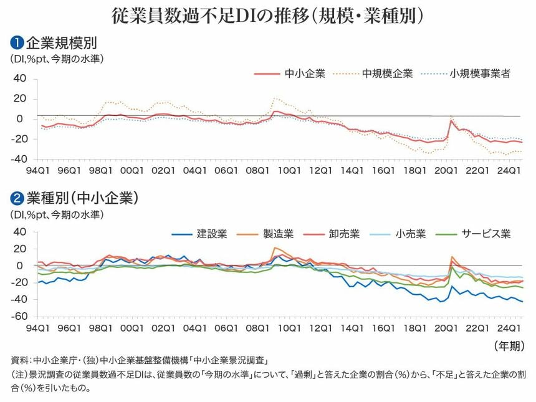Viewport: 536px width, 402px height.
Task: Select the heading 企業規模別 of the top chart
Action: click(60, 44)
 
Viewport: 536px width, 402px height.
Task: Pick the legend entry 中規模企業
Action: click(387, 74)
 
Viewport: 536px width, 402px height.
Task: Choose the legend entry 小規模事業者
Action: click(479, 74)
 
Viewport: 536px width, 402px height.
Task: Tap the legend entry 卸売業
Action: click(345, 234)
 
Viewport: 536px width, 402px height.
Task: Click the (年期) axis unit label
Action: click(509, 345)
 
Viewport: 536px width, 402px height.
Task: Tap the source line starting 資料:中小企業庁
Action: click(140, 360)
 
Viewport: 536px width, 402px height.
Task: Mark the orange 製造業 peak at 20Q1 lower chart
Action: click(452, 257)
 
